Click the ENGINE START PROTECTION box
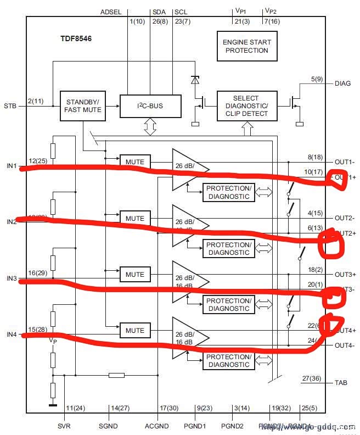pyautogui.click(x=246, y=46)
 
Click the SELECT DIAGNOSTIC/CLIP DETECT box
pyautogui.click(x=246, y=105)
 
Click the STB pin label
pyautogui.click(x=10, y=105)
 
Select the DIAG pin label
pyautogui.click(x=343, y=83)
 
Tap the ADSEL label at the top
pyautogui.click(x=113, y=12)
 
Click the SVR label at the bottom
pyautogui.click(x=64, y=426)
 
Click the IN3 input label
pyautogui.click(x=12, y=278)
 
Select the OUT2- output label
pyautogui.click(x=345, y=218)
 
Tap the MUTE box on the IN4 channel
pyautogui.click(x=134, y=331)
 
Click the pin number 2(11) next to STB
pyautogui.click(x=37, y=101)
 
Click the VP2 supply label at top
pyautogui.click(x=271, y=11)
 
